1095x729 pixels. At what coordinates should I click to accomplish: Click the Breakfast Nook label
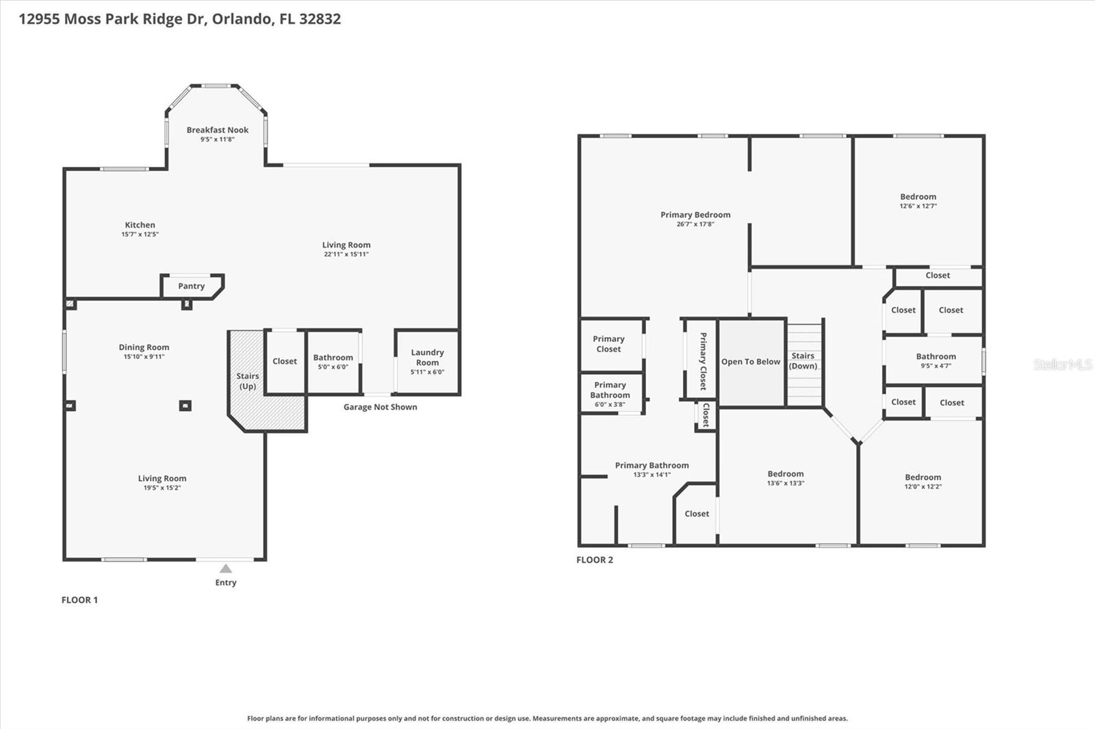pos(218,130)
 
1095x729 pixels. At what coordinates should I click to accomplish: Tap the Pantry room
pos(192,286)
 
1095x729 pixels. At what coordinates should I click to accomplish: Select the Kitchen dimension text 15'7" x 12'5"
pos(140,234)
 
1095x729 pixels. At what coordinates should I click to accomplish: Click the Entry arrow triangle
pos(226,568)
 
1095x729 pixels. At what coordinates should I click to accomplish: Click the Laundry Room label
pos(427,357)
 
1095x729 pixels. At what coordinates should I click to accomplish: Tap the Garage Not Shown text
pos(380,407)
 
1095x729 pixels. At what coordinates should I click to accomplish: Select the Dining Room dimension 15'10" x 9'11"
pos(144,356)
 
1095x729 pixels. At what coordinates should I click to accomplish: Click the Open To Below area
pos(751,362)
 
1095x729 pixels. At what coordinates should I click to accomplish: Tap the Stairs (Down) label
pos(803,360)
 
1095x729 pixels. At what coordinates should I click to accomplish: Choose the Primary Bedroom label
pos(695,215)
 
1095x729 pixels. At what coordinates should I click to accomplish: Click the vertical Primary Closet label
pos(703,361)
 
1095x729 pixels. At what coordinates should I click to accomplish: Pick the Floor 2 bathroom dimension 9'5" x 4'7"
pos(936,366)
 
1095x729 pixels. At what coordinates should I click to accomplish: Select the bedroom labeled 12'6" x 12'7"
pos(918,201)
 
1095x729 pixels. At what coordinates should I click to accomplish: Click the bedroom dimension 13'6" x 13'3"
pos(786,483)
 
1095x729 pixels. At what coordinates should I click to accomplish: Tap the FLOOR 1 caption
pos(79,600)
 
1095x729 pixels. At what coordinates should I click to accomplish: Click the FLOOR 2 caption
pos(595,559)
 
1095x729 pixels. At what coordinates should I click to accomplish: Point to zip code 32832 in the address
pos(320,18)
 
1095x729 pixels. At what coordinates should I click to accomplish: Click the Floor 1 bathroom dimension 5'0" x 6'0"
pos(333,367)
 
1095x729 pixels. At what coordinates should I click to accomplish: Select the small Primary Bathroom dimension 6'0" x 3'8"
pos(610,404)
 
